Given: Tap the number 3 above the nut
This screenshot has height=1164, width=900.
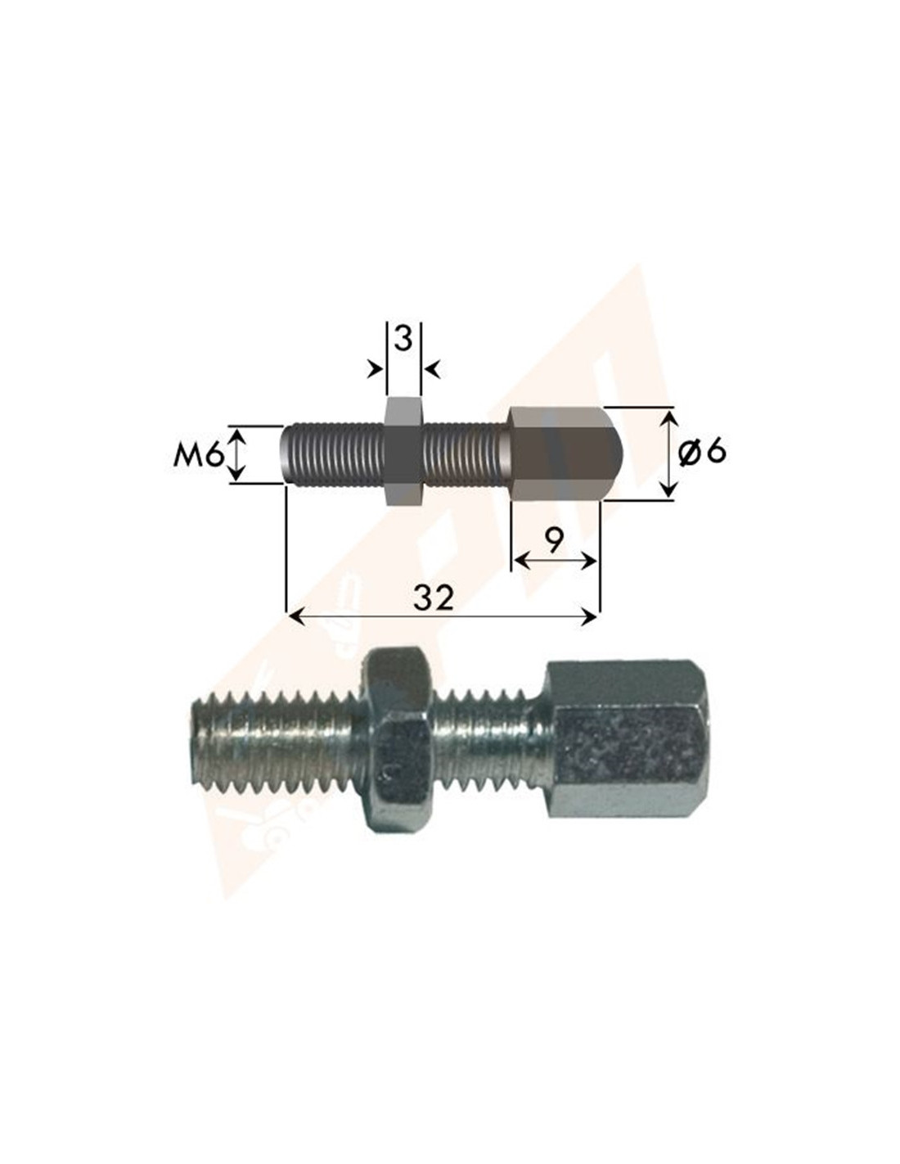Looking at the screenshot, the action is (403, 339).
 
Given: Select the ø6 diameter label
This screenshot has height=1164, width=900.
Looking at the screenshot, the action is (702, 452).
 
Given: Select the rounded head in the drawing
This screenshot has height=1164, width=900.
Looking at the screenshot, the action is (565, 453).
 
